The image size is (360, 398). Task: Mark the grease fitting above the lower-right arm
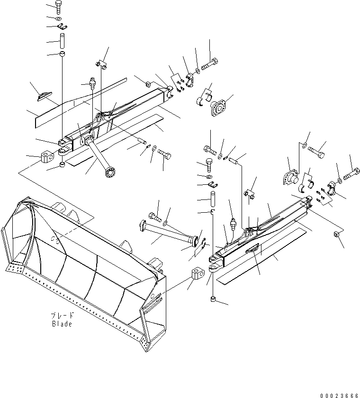pos(233,223)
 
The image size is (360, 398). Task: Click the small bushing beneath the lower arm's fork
pos(213,299)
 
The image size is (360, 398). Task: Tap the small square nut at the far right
pos(337,235)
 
